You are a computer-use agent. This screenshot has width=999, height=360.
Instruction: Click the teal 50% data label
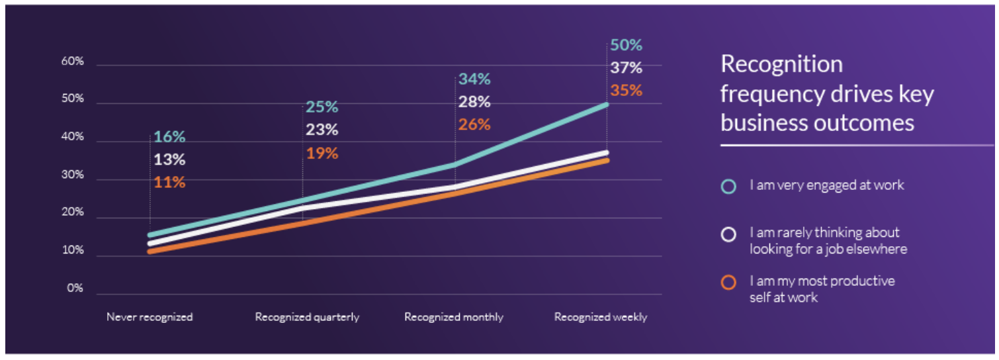pyautogui.click(x=626, y=45)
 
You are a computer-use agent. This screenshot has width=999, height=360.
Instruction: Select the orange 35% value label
pyautogui.click(x=626, y=91)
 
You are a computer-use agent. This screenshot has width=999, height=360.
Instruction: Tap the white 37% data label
pyautogui.click(x=626, y=67)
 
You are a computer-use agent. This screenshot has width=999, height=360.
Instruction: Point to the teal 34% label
pyautogui.click(x=474, y=79)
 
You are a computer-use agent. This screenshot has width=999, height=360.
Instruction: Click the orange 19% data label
pyautogui.click(x=322, y=154)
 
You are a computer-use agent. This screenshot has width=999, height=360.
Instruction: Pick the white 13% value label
pyautogui.click(x=169, y=159)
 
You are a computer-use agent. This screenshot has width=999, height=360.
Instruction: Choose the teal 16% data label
pyautogui.click(x=169, y=137)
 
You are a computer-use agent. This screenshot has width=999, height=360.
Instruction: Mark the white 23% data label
pyautogui.click(x=322, y=130)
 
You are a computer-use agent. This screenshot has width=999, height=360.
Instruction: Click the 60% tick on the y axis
pyautogui.click(x=73, y=62)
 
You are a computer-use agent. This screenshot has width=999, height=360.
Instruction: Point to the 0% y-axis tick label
pyautogui.click(x=75, y=289)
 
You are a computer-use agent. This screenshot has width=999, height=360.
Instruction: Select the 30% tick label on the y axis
pyautogui.click(x=73, y=175)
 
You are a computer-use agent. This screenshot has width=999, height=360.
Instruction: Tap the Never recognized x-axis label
pyautogui.click(x=150, y=317)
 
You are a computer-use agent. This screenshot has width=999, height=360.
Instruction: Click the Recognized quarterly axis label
pyautogui.click(x=307, y=317)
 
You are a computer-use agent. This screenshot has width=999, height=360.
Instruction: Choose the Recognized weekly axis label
pyautogui.click(x=601, y=317)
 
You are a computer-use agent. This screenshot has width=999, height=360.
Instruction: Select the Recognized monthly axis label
pyautogui.click(x=454, y=317)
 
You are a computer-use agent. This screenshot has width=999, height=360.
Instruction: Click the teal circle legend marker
pyautogui.click(x=728, y=187)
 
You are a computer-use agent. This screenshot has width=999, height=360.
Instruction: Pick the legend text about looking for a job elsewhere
pyautogui.click(x=828, y=241)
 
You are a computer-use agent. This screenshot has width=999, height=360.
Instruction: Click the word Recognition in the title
pyautogui.click(x=781, y=64)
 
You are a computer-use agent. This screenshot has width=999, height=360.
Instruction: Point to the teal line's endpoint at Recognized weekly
pyautogui.click(x=607, y=104)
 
